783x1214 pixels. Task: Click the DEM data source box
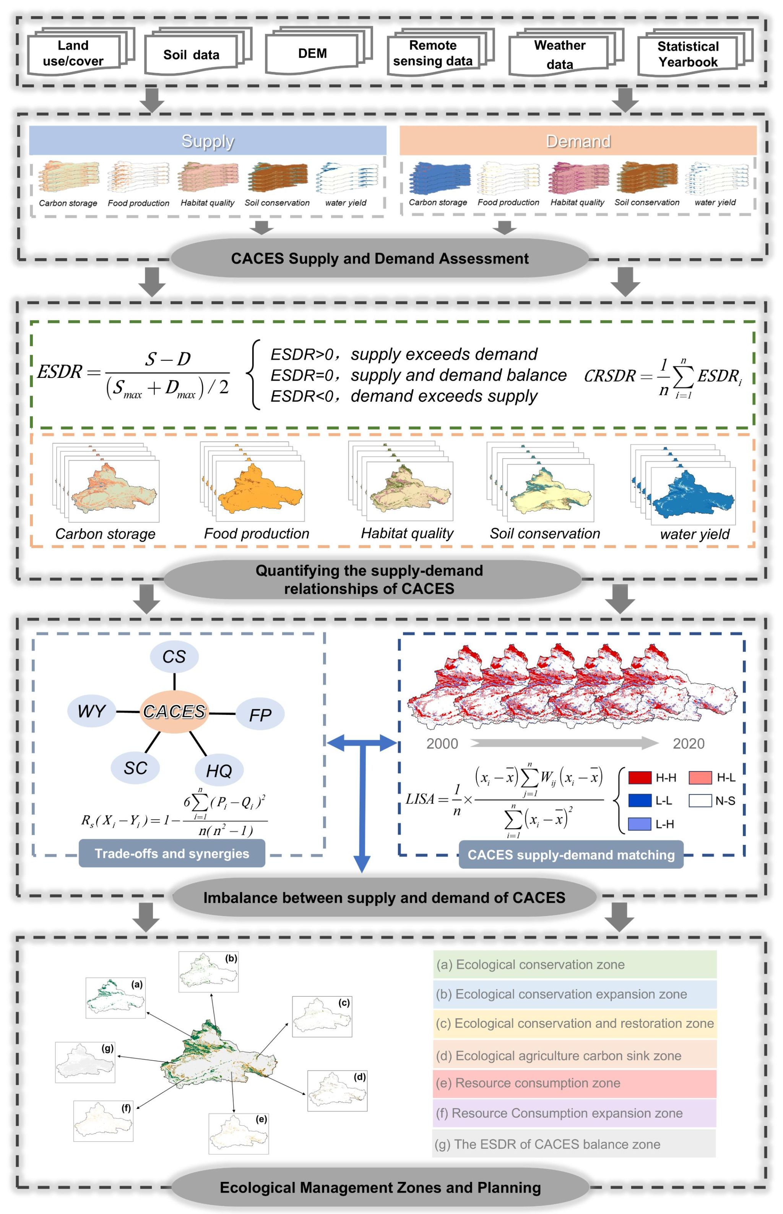tap(312, 54)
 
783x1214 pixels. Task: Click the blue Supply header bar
tap(208, 141)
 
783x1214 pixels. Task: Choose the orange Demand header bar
tap(578, 141)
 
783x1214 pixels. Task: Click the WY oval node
tap(91, 711)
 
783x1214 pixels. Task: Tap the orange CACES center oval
tap(174, 711)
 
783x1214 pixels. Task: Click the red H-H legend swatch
tap(640, 778)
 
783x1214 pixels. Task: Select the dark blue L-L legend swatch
tap(640, 801)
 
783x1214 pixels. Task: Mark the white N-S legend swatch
tap(700, 801)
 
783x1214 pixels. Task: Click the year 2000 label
tap(442, 744)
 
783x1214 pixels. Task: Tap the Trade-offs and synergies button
tap(172, 853)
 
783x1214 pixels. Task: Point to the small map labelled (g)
tap(85, 1062)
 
